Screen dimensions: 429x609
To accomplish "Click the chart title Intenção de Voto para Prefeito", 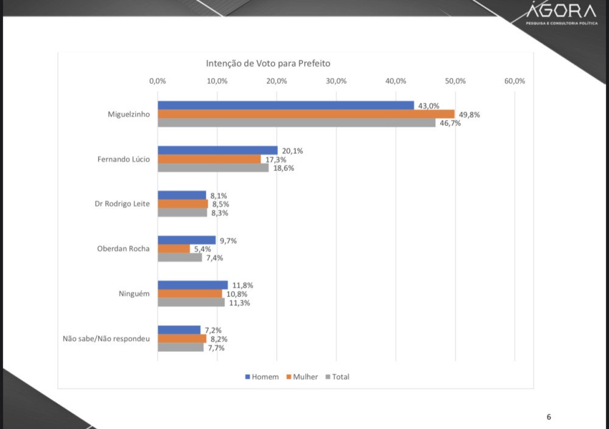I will point(268,63).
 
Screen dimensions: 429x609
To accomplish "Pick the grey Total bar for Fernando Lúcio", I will point(213,168).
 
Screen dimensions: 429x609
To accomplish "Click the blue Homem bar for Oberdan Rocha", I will point(186,240).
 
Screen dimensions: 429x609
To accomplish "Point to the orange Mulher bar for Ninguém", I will point(189,294).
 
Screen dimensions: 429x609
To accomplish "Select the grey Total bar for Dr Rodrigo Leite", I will point(182,213).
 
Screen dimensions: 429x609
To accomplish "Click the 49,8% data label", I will point(470,114).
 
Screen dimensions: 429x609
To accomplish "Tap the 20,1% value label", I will point(292,151).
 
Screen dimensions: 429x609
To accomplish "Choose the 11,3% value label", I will point(239,303).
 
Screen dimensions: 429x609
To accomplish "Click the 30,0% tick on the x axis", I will point(336,81).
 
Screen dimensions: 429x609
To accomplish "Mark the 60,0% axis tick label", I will point(515,81).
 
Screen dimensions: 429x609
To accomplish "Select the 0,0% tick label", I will point(158,81).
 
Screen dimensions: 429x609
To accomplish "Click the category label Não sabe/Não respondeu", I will point(106,339).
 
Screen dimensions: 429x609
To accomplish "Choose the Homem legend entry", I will point(262,377).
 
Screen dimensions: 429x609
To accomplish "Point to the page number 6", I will point(549,417).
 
